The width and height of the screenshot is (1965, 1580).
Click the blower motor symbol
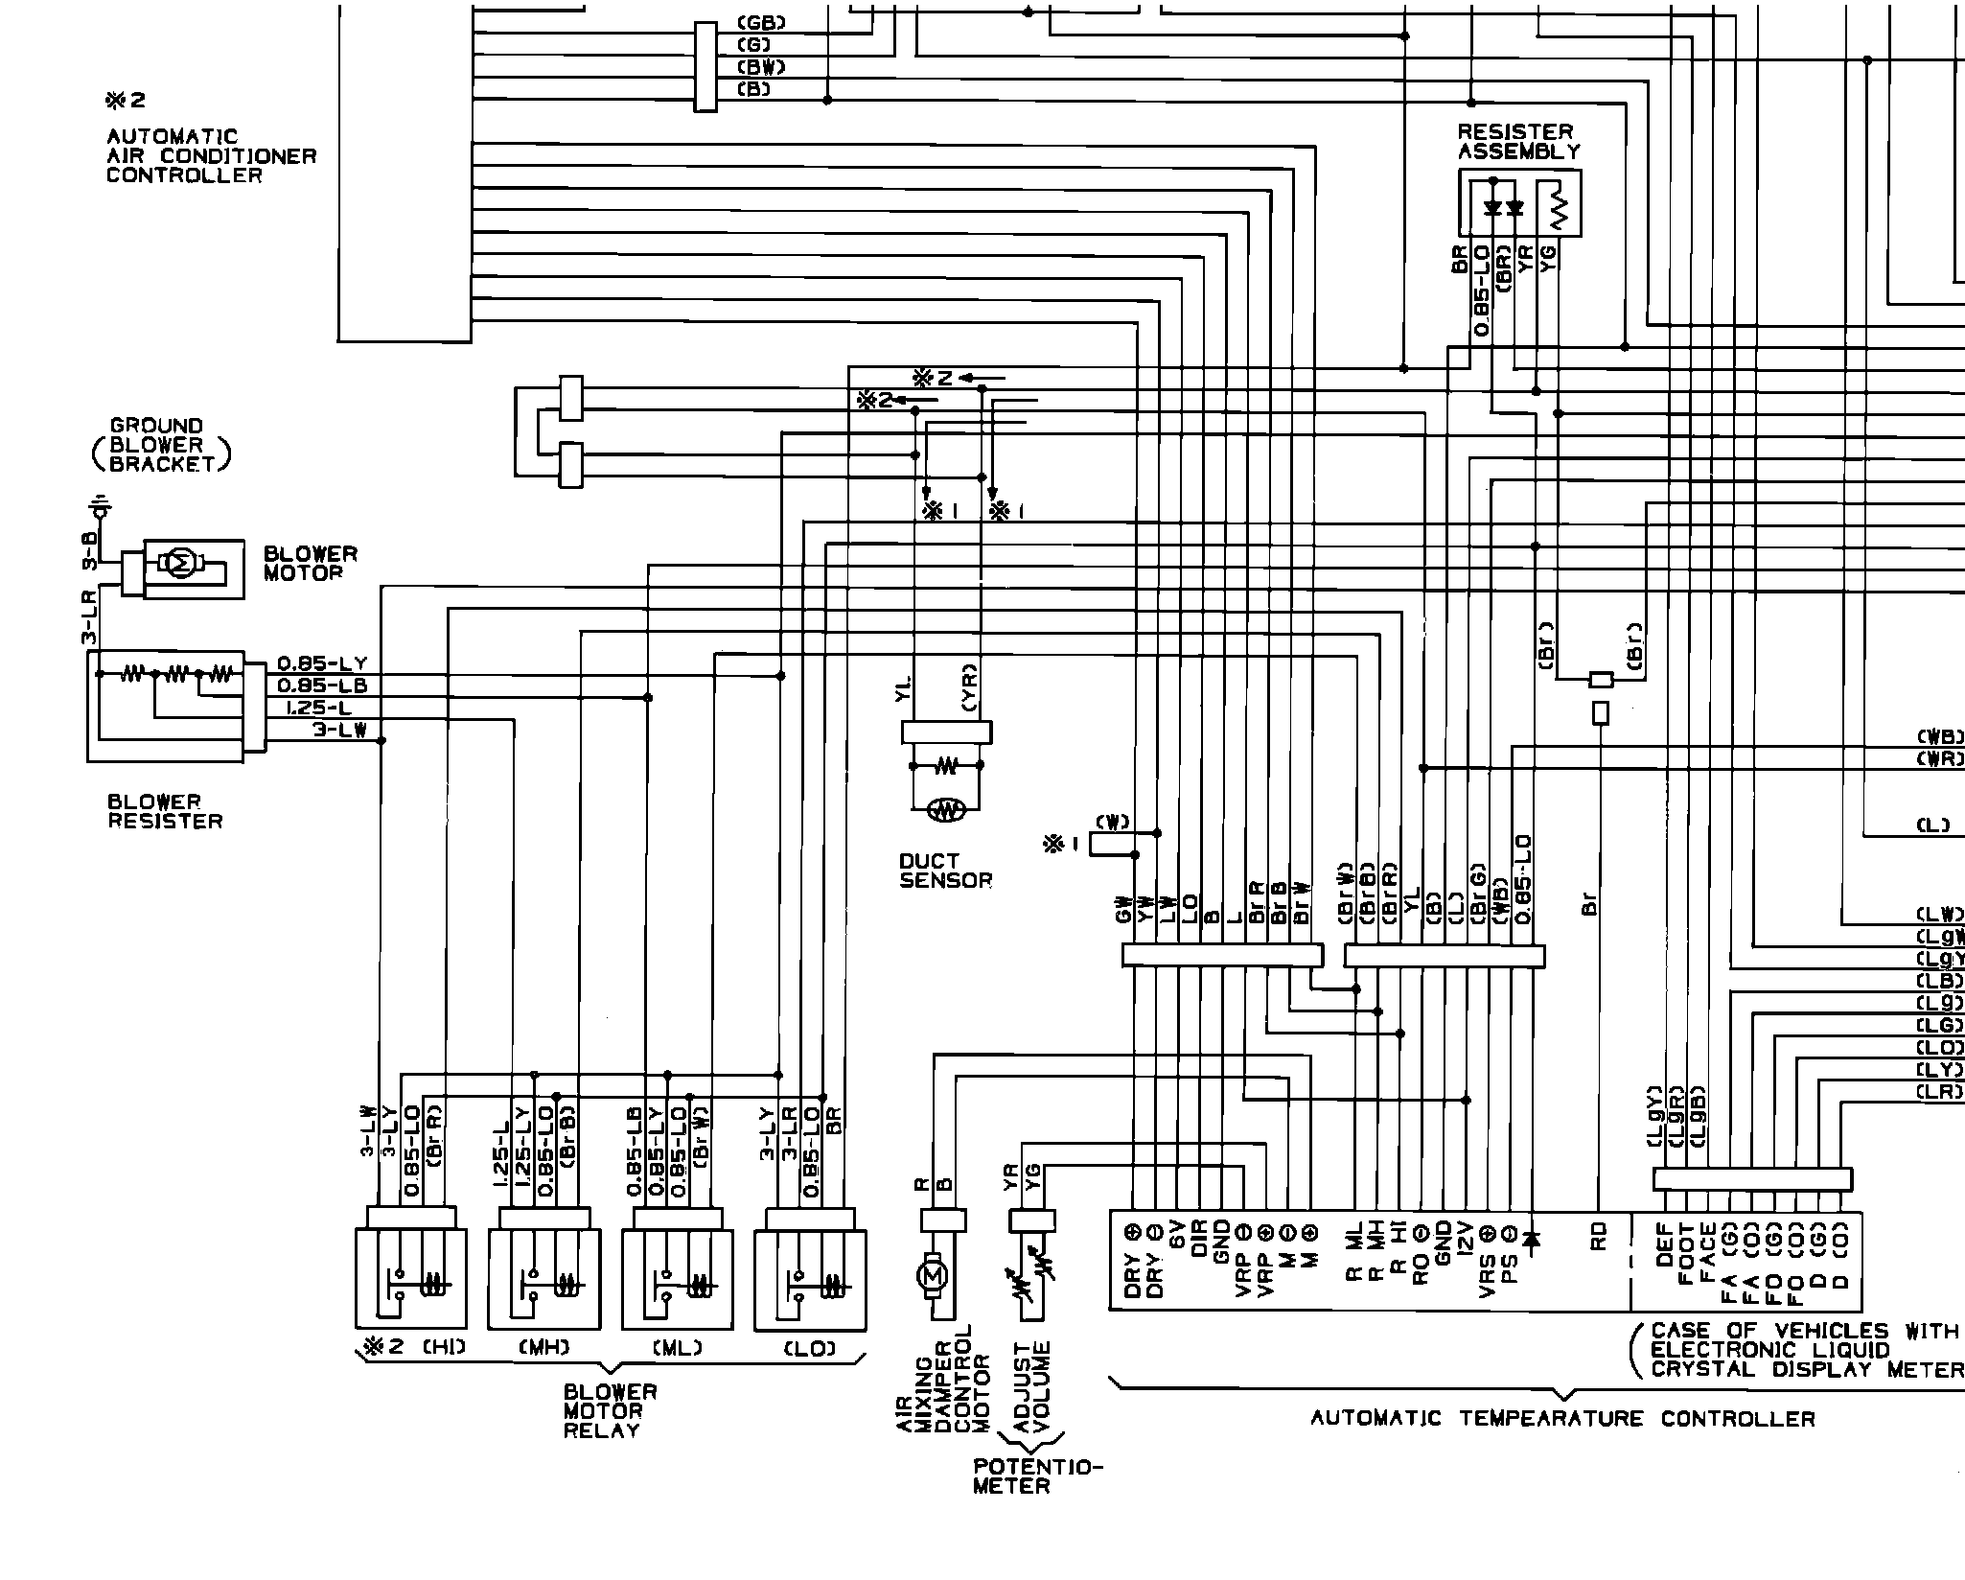click(x=180, y=565)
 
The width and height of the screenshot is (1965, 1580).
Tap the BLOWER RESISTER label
click(x=164, y=811)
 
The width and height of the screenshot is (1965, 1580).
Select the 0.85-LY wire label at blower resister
click(x=322, y=663)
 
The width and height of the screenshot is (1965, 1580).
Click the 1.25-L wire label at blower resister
click(x=318, y=708)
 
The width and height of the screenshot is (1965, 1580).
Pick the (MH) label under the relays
click(x=544, y=1347)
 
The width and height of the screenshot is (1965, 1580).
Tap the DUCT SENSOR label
click(x=945, y=871)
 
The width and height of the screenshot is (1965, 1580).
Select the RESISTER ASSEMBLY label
click(x=1518, y=141)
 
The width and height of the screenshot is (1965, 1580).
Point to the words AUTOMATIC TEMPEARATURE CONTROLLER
click(x=1562, y=1419)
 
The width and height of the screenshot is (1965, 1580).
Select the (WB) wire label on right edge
click(x=1938, y=737)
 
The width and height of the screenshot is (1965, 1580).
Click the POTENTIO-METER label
click(x=1037, y=1476)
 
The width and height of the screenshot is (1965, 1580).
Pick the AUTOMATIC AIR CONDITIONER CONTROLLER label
click(x=211, y=155)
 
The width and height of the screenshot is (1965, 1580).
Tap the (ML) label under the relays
click(x=678, y=1347)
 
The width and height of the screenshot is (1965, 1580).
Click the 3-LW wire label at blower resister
click(x=339, y=731)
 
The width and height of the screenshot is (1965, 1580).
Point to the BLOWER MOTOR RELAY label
click(x=610, y=1411)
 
